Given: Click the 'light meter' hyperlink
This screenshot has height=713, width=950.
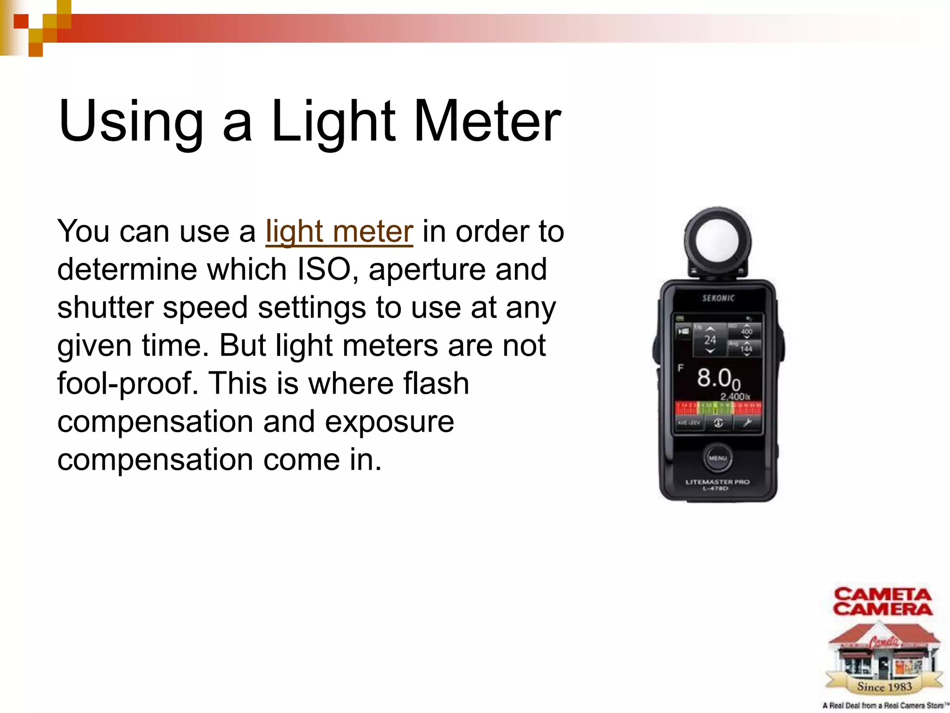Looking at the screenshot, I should point(339,231).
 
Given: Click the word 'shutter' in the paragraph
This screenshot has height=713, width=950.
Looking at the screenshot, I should point(105,307).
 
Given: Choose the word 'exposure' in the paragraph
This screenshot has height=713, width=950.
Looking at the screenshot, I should point(389,422).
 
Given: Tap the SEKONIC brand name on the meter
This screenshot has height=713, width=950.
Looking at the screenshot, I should point(718,298).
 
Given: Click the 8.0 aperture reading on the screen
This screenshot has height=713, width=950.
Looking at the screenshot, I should point(717,378).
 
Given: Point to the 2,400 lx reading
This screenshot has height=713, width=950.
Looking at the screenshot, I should point(735,397).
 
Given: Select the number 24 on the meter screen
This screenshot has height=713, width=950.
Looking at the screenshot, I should point(710,340).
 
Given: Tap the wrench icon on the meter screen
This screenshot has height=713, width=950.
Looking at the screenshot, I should point(747,422).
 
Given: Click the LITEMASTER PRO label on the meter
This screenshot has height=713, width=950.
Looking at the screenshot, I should point(718,482).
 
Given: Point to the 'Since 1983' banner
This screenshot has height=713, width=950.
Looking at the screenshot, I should point(884,686).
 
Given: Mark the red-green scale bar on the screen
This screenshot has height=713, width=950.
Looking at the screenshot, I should point(718,408).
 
